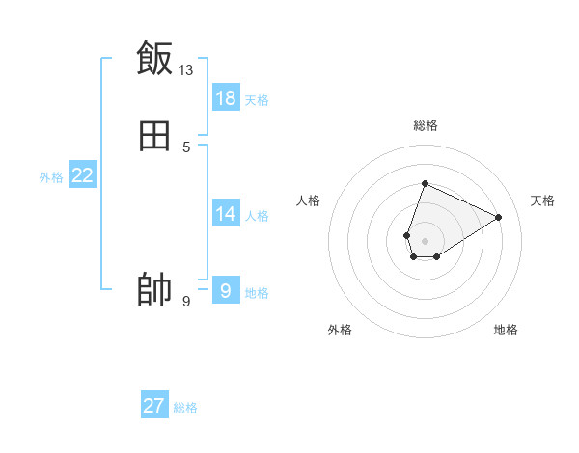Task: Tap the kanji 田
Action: [154, 137]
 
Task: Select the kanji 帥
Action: [154, 290]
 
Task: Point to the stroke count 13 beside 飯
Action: [186, 69]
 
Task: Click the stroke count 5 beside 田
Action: [186, 147]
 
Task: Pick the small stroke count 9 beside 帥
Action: [186, 302]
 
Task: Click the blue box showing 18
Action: [226, 97]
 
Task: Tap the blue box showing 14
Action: [226, 214]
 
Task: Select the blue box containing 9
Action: [226, 290]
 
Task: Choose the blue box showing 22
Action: [83, 175]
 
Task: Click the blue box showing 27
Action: [154, 406]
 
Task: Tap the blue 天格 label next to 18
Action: [257, 100]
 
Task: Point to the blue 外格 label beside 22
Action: [51, 177]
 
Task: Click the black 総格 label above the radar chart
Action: [425, 125]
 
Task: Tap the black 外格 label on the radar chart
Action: [340, 330]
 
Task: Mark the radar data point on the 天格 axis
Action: [499, 217]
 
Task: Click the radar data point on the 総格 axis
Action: [425, 183]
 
